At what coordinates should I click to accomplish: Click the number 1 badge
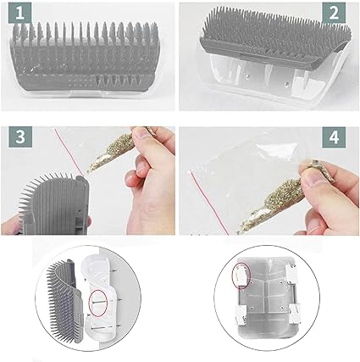click(x=19, y=14)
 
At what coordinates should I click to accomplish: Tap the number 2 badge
click(x=334, y=14)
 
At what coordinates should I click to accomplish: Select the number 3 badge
click(x=20, y=136)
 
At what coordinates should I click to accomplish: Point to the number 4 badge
click(x=334, y=137)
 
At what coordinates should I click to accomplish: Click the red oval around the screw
click(x=98, y=303)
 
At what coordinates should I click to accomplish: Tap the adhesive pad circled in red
click(x=241, y=275)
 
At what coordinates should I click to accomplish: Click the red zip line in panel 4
click(x=209, y=203)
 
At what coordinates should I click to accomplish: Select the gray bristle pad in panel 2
click(x=275, y=36)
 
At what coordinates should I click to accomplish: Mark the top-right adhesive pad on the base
click(x=291, y=274)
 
